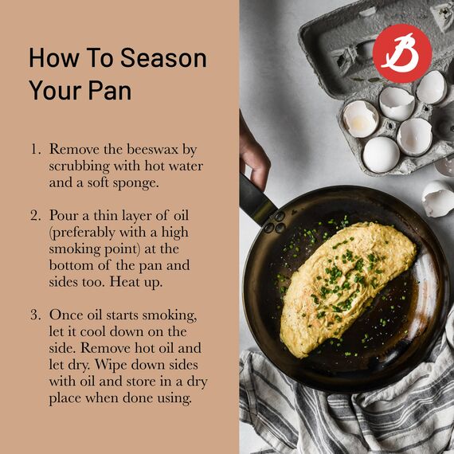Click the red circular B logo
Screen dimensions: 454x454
(x=402, y=53)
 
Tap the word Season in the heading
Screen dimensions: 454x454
(x=163, y=58)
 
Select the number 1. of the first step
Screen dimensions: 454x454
(x=36, y=150)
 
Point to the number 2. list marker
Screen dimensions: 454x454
(x=36, y=216)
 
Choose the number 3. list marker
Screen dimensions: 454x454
(x=36, y=315)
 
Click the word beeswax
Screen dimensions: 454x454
(x=153, y=150)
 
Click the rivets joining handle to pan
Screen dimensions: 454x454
(x=276, y=222)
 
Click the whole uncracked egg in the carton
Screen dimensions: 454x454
(x=381, y=155)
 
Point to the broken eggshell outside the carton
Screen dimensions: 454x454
(x=438, y=198)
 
